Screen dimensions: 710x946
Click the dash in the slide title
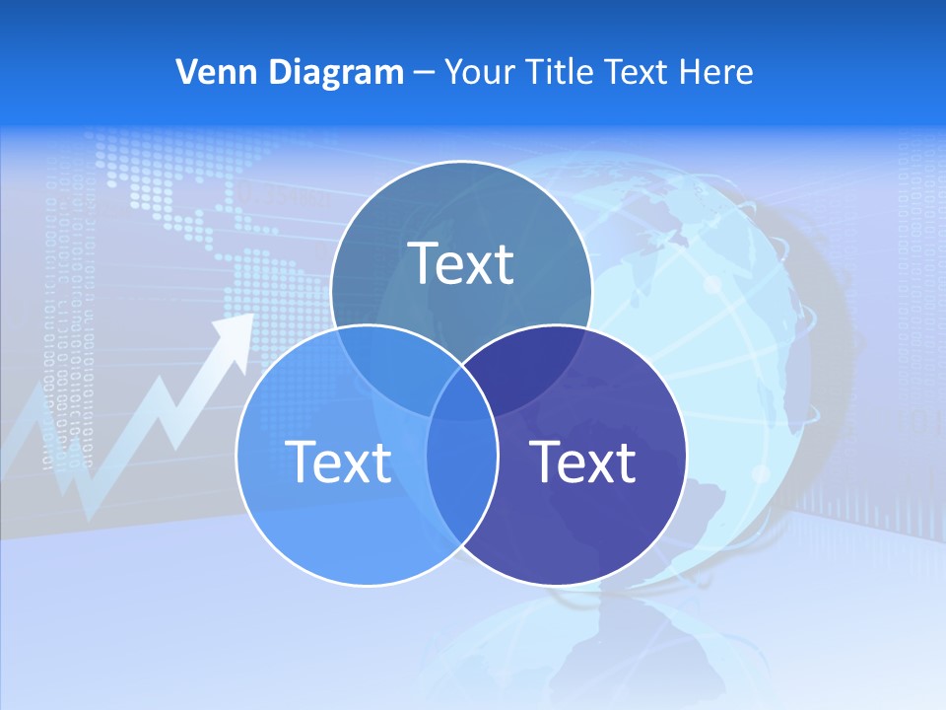(423, 73)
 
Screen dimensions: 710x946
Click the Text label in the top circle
(461, 263)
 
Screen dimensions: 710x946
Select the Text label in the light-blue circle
(337, 461)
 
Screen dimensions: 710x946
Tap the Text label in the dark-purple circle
(582, 461)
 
